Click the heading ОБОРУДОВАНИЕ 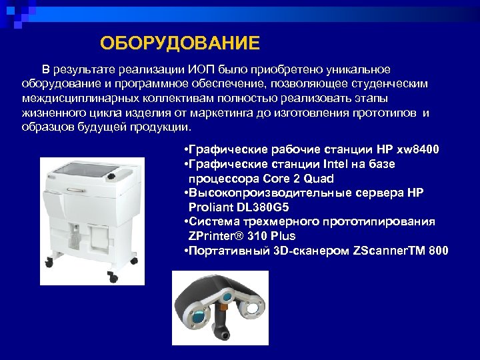(x=179, y=44)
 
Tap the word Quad (x=319, y=179)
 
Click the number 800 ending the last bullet (x=437, y=251)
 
